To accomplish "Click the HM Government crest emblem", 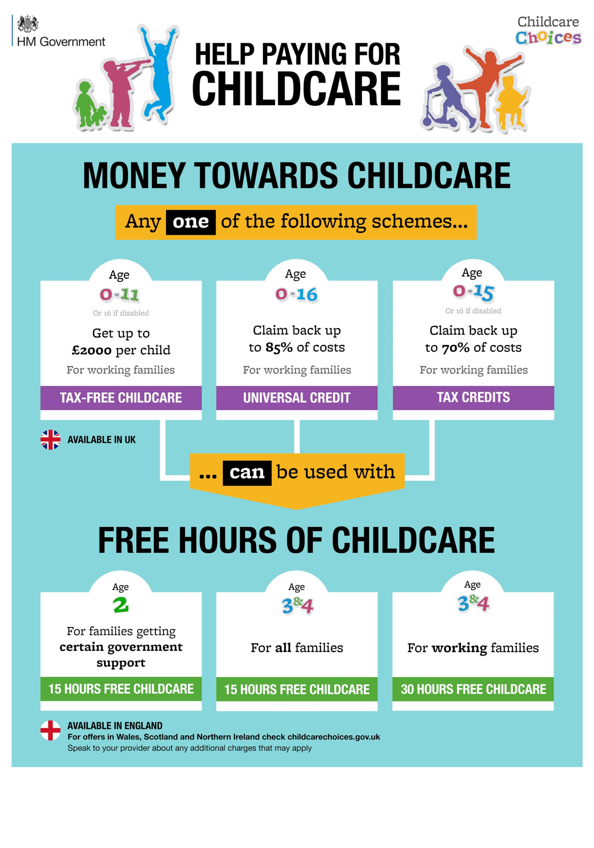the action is pyautogui.click(x=28, y=24).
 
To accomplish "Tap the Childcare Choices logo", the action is pyautogui.click(x=548, y=30).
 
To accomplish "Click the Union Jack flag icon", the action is pyautogui.click(x=50, y=439).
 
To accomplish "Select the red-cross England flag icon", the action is pyautogui.click(x=50, y=730).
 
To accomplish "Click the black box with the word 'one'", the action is pyautogui.click(x=191, y=222).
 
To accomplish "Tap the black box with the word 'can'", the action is pyautogui.click(x=247, y=472).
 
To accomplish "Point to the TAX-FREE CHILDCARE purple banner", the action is pyautogui.click(x=121, y=397).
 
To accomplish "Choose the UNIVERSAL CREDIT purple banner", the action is pyautogui.click(x=297, y=397).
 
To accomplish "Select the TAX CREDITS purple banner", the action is pyautogui.click(x=473, y=397).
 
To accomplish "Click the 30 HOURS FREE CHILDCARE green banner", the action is pyautogui.click(x=473, y=689).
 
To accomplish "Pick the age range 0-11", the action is pyautogui.click(x=119, y=294).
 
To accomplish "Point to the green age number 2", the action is pyautogui.click(x=121, y=605).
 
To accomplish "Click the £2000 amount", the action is pyautogui.click(x=92, y=350).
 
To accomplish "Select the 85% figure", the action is pyautogui.click(x=279, y=348).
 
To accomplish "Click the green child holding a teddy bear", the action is pyautogui.click(x=89, y=105).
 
